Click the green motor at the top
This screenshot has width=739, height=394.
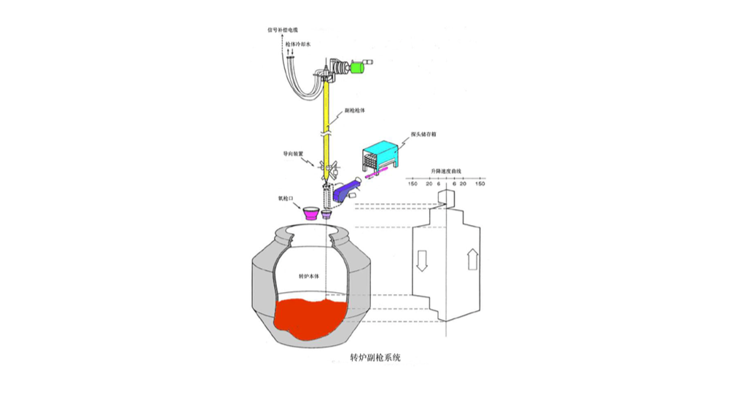(358, 67)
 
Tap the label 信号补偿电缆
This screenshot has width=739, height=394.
(283, 31)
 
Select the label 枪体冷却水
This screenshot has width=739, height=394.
(299, 44)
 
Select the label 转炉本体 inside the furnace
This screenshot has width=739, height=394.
(311, 277)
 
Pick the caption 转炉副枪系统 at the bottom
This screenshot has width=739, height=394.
(375, 358)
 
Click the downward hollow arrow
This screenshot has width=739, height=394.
(421, 261)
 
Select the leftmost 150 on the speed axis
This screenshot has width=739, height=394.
(412, 184)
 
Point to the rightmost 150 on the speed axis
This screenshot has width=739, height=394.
(480, 184)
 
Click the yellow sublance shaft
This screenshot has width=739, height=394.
(327, 124)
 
